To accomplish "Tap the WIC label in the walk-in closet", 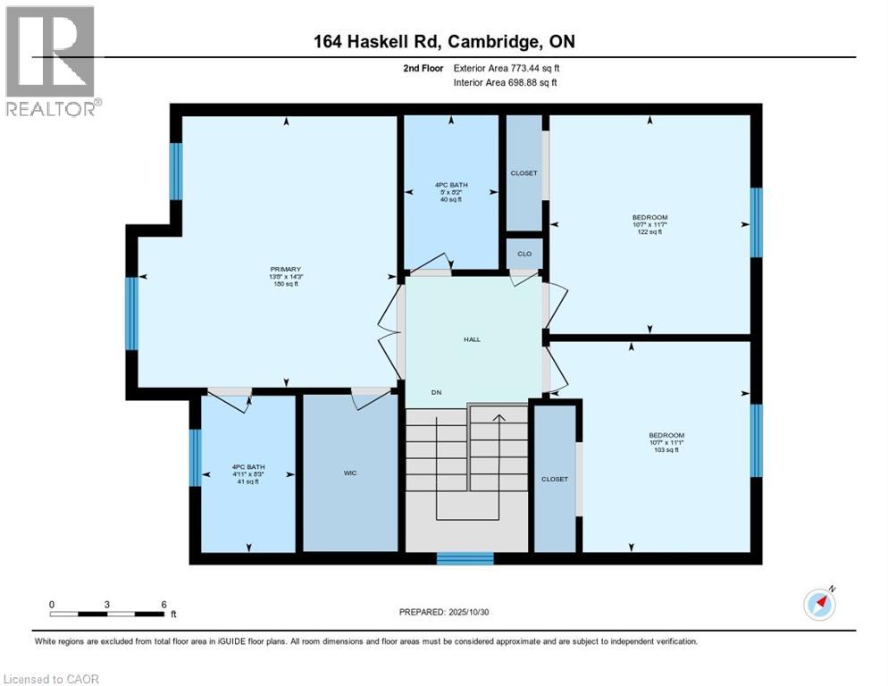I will pos(350,473).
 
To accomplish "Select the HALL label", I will pos(472,339).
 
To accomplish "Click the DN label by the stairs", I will pos(436,392).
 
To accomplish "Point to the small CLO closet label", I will pos(524,254).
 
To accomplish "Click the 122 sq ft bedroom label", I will pos(649,224).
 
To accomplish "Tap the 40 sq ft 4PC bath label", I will pos(450,192).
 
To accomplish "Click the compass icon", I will pos(819,604).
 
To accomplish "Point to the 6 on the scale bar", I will pos(163,605).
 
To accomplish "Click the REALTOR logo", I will pos(51,61).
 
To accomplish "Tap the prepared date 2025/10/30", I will pos(444,612).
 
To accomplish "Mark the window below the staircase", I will pos(465,558).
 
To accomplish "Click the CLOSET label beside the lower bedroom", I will pos(555,479).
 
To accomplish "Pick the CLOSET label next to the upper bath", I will pos(524,172).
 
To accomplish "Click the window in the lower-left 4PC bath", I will pos(196,457).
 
